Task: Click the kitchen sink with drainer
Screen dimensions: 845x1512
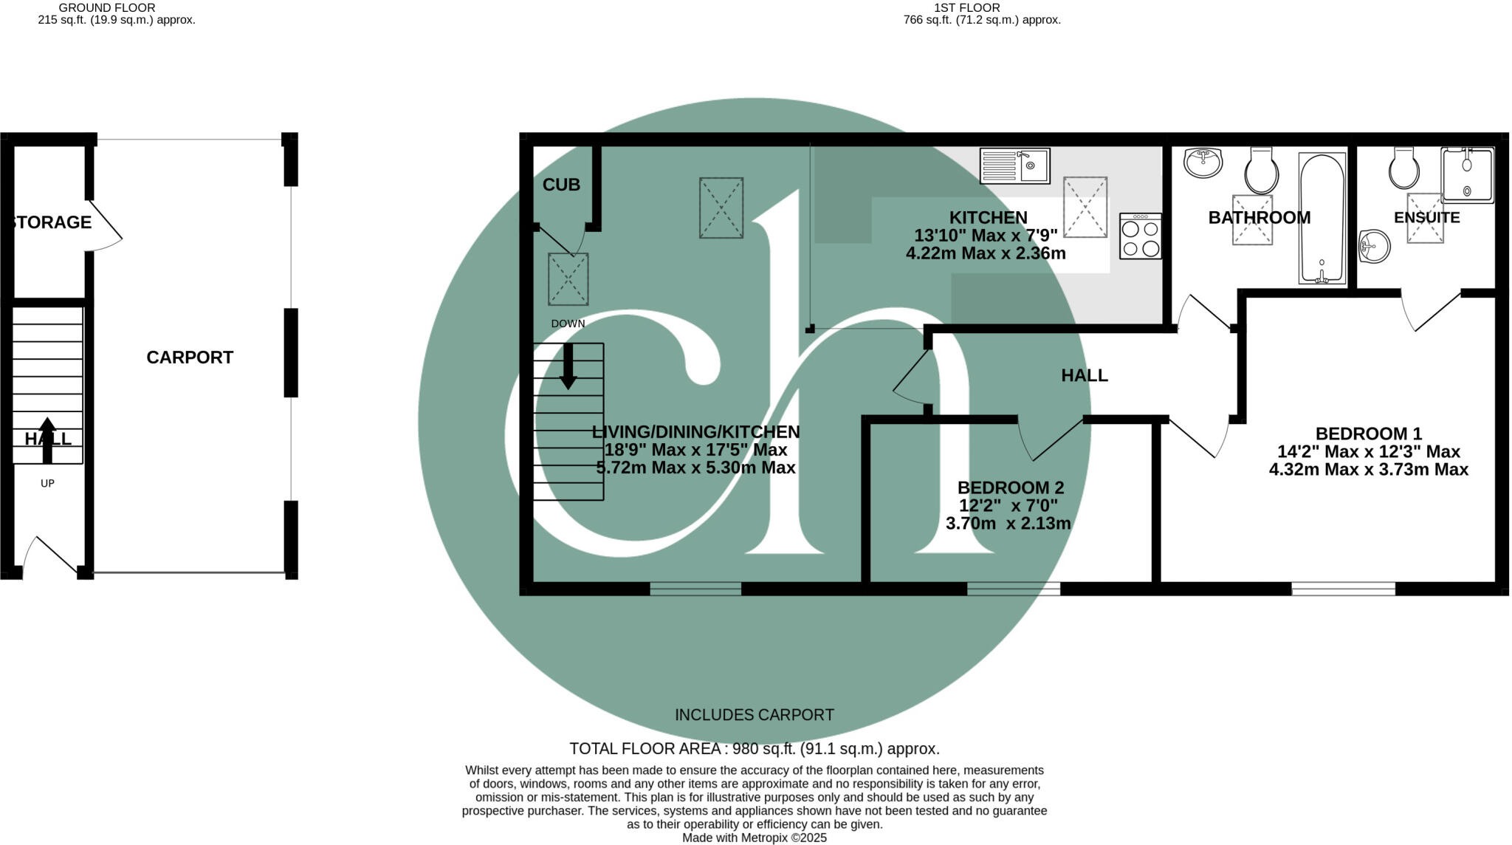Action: click(x=1014, y=166)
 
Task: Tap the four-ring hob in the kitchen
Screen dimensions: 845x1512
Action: click(x=1140, y=236)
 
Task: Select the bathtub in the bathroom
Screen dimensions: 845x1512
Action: click(x=1322, y=219)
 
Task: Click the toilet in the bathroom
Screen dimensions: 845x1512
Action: click(x=1262, y=169)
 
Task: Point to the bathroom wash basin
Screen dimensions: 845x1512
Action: click(x=1203, y=162)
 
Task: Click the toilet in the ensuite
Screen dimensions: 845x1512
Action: click(x=1403, y=168)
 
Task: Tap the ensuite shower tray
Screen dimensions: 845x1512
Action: click(x=1467, y=175)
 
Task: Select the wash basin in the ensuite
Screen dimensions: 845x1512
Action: click(x=1375, y=246)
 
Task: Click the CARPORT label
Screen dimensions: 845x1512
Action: click(x=190, y=357)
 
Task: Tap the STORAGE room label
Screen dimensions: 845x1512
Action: click(x=52, y=222)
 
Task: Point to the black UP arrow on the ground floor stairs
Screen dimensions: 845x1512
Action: click(x=47, y=439)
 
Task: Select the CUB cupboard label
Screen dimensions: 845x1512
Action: click(x=561, y=185)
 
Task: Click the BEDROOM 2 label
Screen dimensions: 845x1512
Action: click(x=1010, y=487)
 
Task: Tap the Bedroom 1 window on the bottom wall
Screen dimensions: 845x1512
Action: click(x=1343, y=589)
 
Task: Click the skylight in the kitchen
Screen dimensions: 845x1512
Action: click(x=1085, y=207)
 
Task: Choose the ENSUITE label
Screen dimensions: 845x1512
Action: click(x=1426, y=218)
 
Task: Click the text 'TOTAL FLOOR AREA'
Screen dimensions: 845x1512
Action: click(x=645, y=749)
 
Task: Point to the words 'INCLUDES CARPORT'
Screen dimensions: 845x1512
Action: click(x=754, y=715)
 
